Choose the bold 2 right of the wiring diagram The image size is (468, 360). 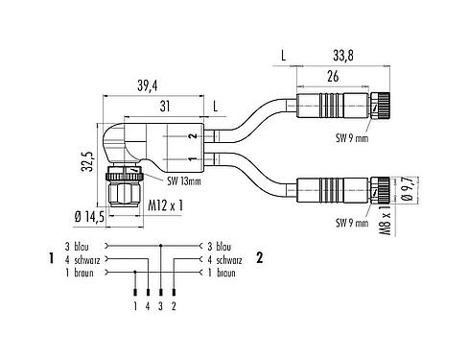(259, 258)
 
